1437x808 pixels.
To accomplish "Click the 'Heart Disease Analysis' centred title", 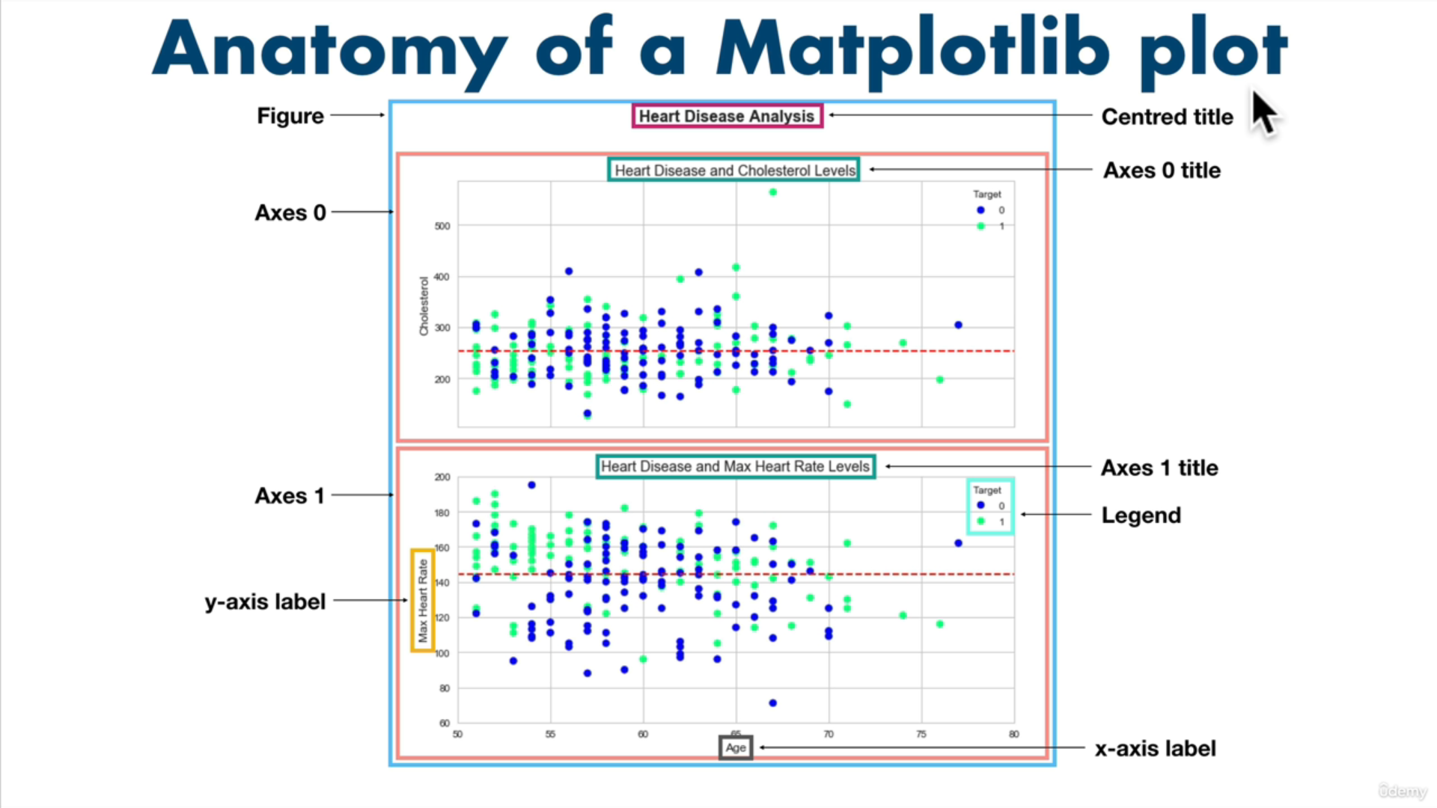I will click(727, 116).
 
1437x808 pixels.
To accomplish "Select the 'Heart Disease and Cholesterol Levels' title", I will click(734, 171).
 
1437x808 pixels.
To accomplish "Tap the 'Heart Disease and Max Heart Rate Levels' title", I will click(735, 467).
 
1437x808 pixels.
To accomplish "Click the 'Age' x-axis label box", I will click(736, 747).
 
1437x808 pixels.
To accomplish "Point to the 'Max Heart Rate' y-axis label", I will click(423, 600).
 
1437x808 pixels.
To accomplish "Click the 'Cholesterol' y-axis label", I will click(424, 306).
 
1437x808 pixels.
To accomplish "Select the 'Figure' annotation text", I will click(290, 116).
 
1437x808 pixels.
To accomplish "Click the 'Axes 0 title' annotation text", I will click(1162, 171).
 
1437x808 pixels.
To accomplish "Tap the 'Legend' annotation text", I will click(1141, 515).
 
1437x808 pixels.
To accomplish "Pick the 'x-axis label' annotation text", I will click(1155, 748).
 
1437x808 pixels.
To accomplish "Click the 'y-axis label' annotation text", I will click(265, 602).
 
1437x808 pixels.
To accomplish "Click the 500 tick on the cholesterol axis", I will click(442, 226).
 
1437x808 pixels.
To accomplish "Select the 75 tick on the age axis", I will click(921, 734).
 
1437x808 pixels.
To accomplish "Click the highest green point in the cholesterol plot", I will click(773, 192).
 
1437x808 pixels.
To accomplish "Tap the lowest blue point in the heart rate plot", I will click(773, 703).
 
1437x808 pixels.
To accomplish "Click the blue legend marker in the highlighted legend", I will click(980, 506).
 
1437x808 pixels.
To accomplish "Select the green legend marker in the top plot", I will click(980, 226).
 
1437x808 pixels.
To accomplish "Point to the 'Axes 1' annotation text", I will click(290, 496).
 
